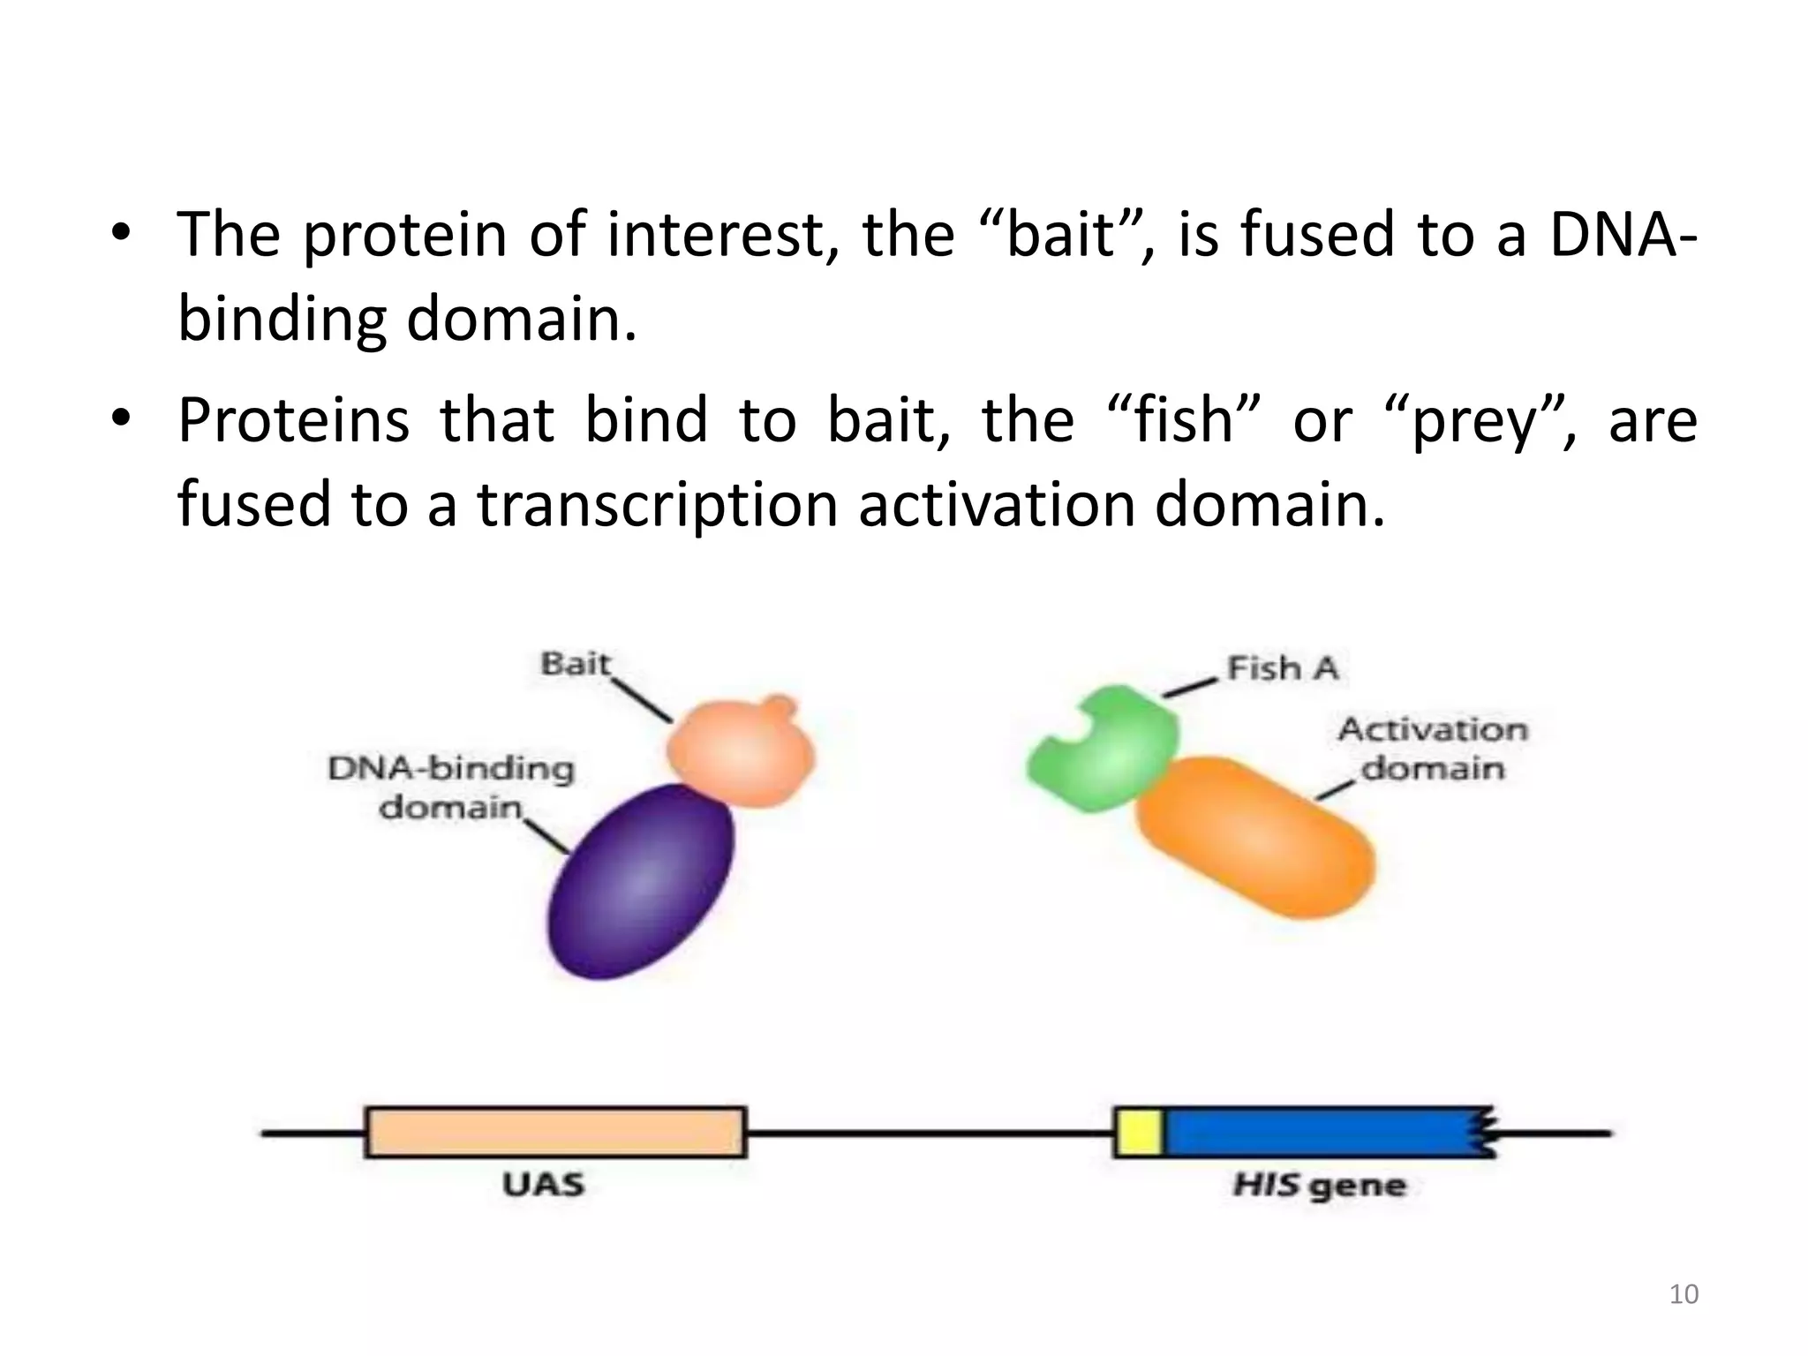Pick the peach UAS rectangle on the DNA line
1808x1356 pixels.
pos(555,1132)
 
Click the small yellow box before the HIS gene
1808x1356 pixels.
pos(1137,1132)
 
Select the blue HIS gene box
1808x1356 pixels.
pos(1324,1132)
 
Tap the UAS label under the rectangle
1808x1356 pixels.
pos(543,1184)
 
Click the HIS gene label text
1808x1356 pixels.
pos(1319,1185)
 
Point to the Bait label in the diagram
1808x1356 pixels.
pos(575,663)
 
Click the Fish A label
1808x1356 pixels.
pos(1283,668)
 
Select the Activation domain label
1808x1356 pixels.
pos(1432,749)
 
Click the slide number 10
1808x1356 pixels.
pos(1684,1294)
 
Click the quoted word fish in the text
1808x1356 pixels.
pos(1183,420)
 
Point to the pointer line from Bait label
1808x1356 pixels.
pos(643,700)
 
